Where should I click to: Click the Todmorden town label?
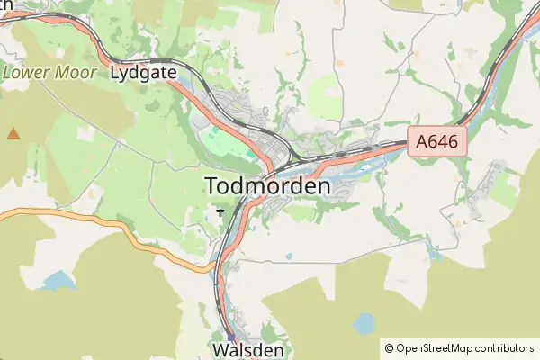click(x=268, y=186)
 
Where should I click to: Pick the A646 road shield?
click(x=436, y=141)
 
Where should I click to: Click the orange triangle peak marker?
click(x=13, y=134)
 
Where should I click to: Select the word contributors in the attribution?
click(x=506, y=347)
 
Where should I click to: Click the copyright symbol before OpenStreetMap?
click(x=390, y=347)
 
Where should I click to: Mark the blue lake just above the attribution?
click(x=364, y=321)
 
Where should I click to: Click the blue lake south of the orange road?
click(x=59, y=280)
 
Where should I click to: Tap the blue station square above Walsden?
click(x=230, y=338)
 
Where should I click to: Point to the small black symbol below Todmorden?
click(x=221, y=211)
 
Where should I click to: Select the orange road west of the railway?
click(x=108, y=228)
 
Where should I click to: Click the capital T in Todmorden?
click(x=213, y=186)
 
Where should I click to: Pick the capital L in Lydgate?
click(x=114, y=73)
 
